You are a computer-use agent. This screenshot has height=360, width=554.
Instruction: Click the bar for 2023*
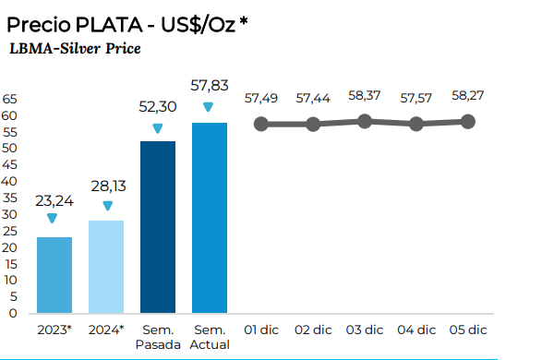(x=54, y=275)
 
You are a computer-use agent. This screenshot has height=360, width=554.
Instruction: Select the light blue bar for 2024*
(x=106, y=267)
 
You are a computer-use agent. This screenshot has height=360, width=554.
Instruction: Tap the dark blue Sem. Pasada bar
(x=158, y=227)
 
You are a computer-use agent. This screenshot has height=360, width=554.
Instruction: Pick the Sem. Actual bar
(x=210, y=218)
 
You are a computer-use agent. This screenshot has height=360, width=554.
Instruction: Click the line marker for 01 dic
(x=261, y=124)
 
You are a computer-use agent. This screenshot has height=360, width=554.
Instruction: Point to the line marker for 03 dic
(x=365, y=121)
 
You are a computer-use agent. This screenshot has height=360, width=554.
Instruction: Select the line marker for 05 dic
(x=468, y=121)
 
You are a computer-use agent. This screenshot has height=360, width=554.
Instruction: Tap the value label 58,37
(x=366, y=95)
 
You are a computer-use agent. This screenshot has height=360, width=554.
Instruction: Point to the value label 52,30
(x=158, y=106)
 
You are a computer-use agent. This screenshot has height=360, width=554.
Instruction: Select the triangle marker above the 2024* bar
(x=107, y=206)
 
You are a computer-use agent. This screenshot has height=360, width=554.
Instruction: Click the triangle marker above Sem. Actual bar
(x=211, y=106)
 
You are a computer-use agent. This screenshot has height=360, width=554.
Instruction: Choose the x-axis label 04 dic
(x=416, y=330)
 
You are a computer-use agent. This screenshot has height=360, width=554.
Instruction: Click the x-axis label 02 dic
(x=313, y=330)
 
